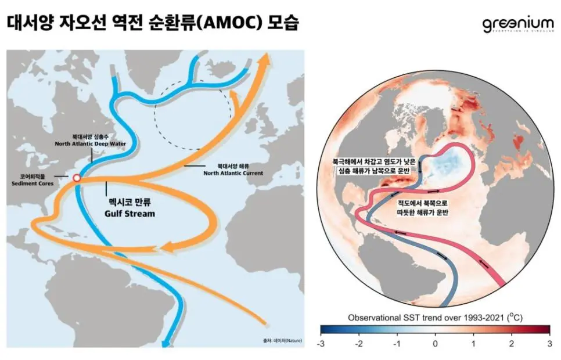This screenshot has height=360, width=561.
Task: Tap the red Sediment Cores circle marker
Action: tap(76, 178)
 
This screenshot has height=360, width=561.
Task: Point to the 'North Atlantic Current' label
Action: tap(233, 172)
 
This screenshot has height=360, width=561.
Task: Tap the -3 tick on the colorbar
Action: tap(321, 344)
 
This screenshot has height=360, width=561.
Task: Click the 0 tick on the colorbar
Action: tap(435, 344)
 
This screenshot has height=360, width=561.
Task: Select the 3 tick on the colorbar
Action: tap(549, 344)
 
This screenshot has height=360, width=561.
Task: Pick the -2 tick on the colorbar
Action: tap(359, 344)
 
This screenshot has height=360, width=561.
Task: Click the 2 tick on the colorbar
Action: tap(511, 344)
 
